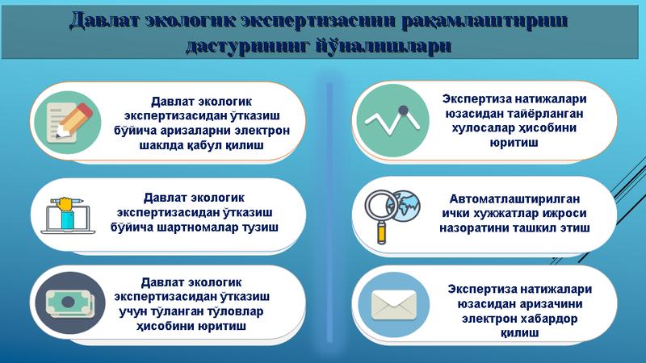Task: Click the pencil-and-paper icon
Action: pyautogui.click(x=68, y=123)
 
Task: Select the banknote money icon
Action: pyautogui.click(x=70, y=303)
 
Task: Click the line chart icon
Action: pyautogui.click(x=392, y=120)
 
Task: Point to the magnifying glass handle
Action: pyautogui.click(x=381, y=232)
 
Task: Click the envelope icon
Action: pyautogui.click(x=393, y=305)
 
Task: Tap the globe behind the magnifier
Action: pyautogui.click(x=406, y=204)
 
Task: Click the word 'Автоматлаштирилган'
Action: pyautogui.click(x=514, y=198)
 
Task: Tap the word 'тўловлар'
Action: pyautogui.click(x=234, y=311)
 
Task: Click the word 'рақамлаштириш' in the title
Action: pyautogui.click(x=484, y=21)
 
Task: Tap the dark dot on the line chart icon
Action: pyautogui.click(x=403, y=110)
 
